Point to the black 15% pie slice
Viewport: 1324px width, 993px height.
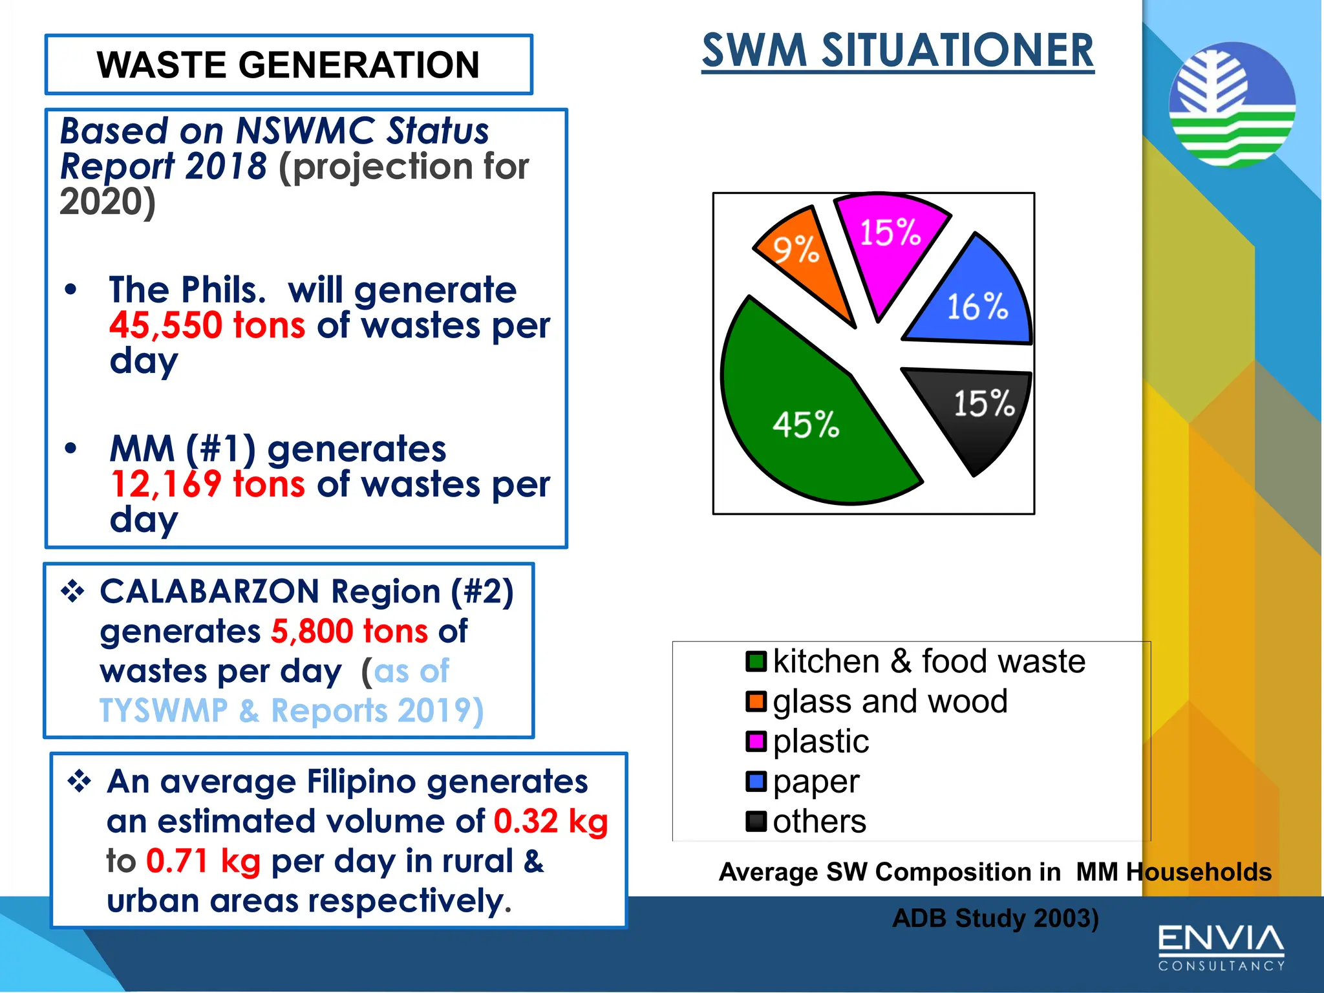tap(976, 411)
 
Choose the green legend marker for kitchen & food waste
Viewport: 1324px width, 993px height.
tap(756, 661)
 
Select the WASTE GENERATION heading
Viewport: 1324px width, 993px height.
tap(288, 65)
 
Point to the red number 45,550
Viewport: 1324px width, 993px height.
tap(166, 325)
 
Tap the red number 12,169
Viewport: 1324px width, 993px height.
tap(166, 484)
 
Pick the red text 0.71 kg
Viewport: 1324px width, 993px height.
tap(203, 862)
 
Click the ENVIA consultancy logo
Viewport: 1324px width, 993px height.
tap(1221, 947)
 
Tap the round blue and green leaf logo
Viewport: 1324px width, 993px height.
tap(1232, 105)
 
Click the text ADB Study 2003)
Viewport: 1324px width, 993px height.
tap(995, 919)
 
